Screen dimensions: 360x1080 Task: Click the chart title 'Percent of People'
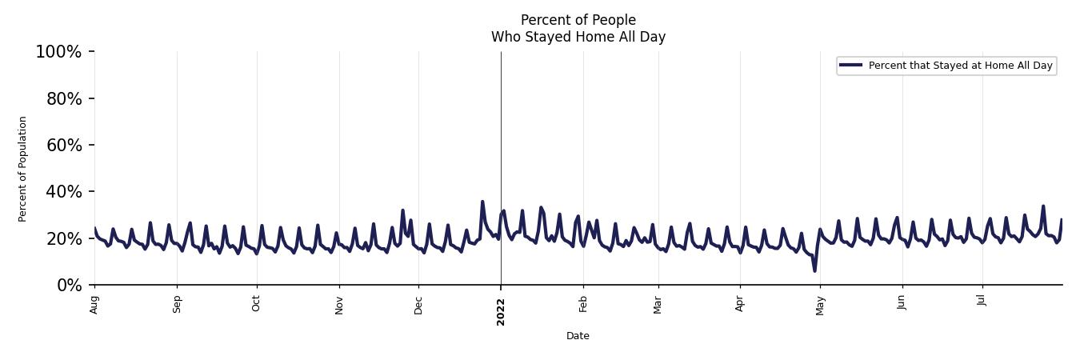pyautogui.click(x=578, y=20)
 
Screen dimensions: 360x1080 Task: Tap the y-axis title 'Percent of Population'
pyautogui.click(x=23, y=169)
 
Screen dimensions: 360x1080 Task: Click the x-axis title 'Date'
pyautogui.click(x=578, y=336)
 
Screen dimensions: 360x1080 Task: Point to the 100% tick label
pyautogui.click(x=58, y=52)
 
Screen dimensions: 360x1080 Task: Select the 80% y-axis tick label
pyautogui.click(x=62, y=98)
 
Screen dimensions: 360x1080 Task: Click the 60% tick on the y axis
pyautogui.click(x=62, y=145)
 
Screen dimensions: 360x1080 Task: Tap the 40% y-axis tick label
pyautogui.click(x=62, y=192)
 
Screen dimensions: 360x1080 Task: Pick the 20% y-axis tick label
pyautogui.click(x=62, y=238)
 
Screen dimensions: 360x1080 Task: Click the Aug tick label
pyautogui.click(x=94, y=305)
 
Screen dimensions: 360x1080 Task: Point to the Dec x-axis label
pyautogui.click(x=418, y=305)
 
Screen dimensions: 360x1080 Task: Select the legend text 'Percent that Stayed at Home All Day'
pyautogui.click(x=960, y=66)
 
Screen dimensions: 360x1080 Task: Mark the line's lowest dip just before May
pyautogui.click(x=814, y=270)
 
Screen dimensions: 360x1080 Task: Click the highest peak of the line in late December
pyautogui.click(x=482, y=202)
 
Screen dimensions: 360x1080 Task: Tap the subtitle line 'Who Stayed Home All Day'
pyautogui.click(x=578, y=37)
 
